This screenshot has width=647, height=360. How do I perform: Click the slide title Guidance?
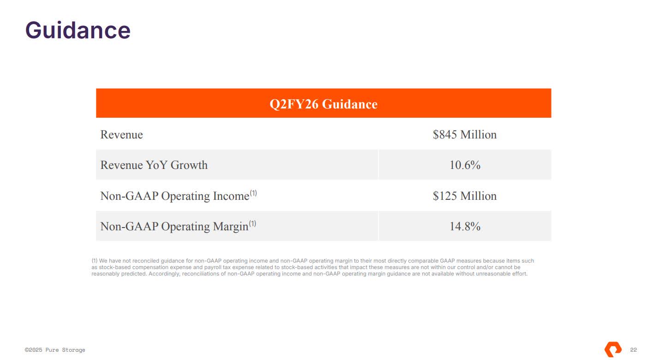pos(78,30)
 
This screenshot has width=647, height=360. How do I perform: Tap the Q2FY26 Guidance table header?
pos(323,104)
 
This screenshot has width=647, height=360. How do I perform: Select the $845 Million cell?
pos(464,135)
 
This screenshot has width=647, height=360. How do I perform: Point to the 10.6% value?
pos(465,165)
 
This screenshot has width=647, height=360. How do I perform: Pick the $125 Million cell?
pos(464,196)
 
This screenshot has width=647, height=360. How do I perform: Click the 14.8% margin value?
pos(465,227)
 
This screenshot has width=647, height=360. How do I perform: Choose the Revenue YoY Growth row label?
pos(154,165)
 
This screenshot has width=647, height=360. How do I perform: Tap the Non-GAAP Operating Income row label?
pos(174,196)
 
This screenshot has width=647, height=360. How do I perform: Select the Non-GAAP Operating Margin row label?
pos(174,227)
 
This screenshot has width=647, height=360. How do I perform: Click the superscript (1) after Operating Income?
pos(253,193)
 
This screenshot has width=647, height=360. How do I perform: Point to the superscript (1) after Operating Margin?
pos(252,224)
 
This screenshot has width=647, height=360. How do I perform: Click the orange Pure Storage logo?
pos(613,349)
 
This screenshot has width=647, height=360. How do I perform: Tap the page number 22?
pos(634,350)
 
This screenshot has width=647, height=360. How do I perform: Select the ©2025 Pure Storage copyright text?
pos(55,350)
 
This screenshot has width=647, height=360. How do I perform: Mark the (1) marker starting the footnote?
pos(95,261)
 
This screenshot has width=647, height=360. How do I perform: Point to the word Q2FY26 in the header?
pos(294,104)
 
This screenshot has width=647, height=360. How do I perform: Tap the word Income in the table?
pos(231,196)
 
